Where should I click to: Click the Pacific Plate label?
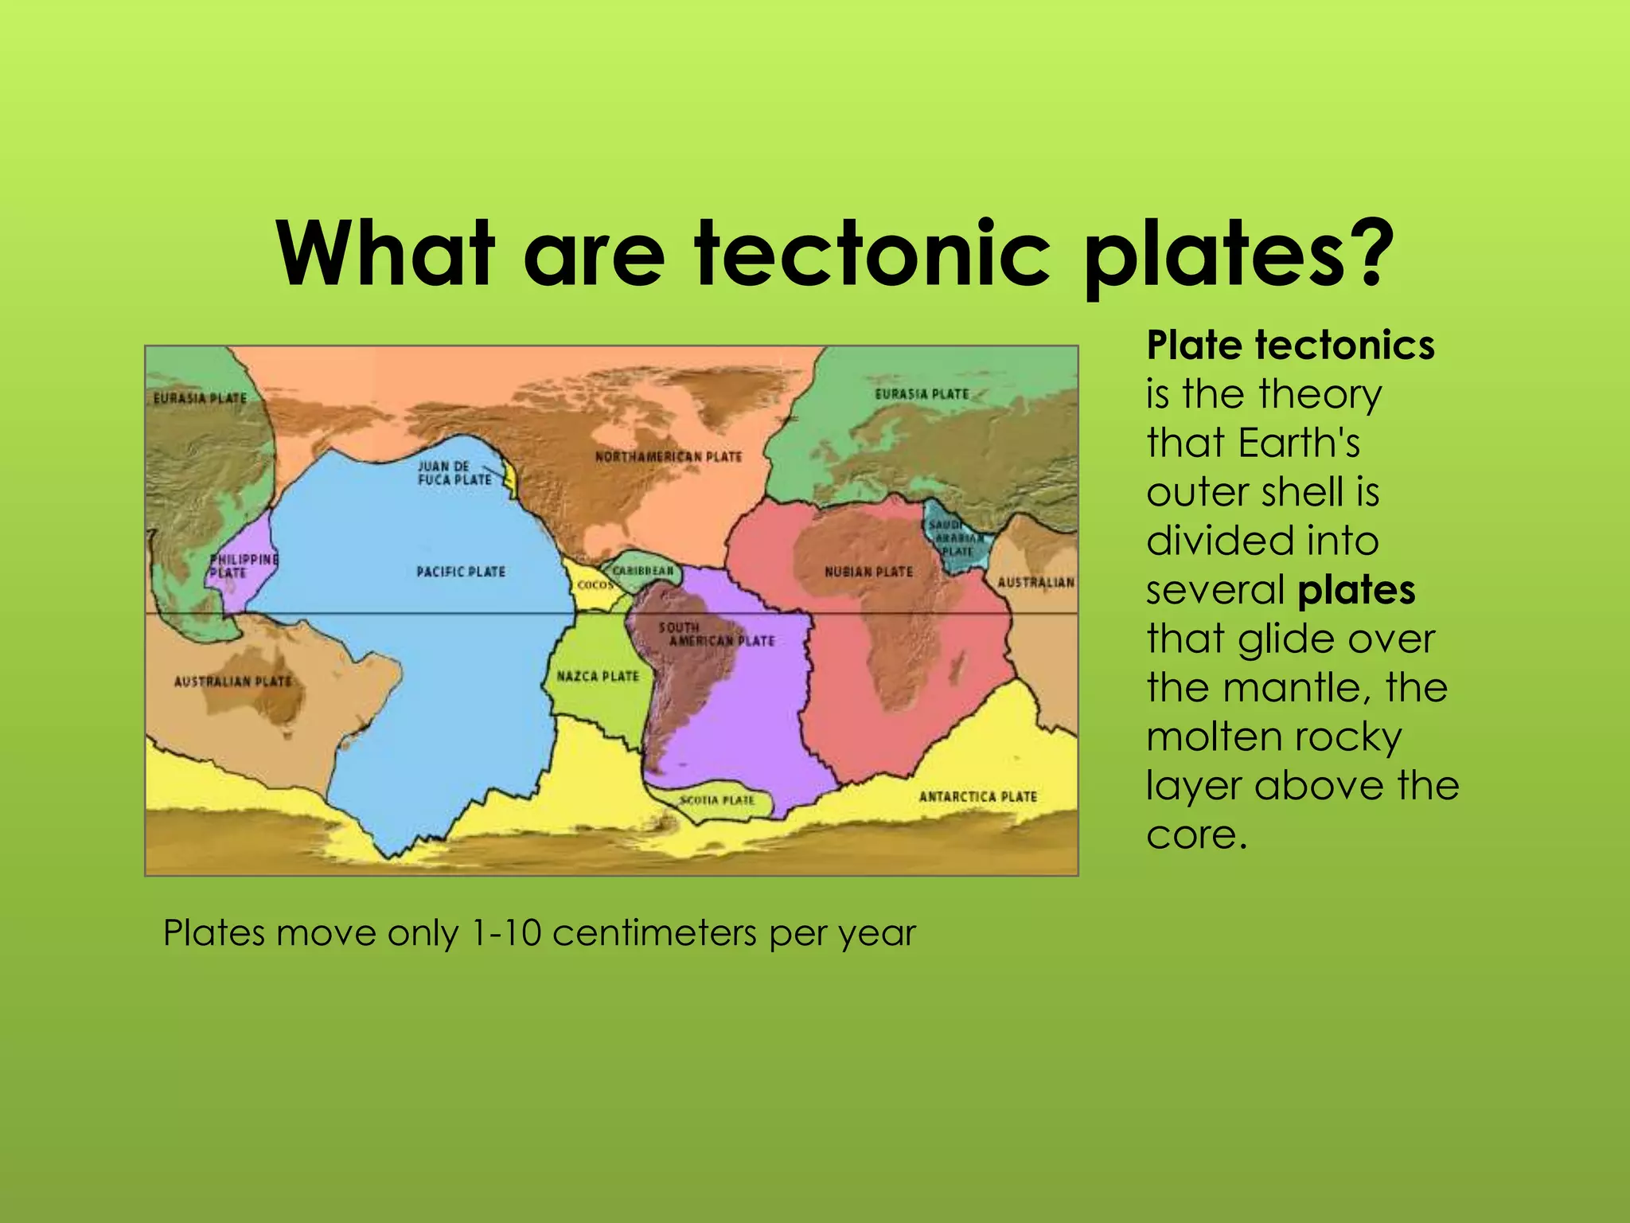coord(461,572)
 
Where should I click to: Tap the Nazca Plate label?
coord(598,676)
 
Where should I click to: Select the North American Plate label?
coord(669,457)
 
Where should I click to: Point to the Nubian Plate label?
coord(868,572)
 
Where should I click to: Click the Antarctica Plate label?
coord(977,796)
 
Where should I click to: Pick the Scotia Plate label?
coord(716,799)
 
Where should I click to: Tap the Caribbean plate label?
coord(643,571)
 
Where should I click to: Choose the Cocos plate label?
coord(595,585)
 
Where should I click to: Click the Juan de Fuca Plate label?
coord(454,473)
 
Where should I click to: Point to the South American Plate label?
coord(716,635)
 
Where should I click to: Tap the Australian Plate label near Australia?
coord(232,682)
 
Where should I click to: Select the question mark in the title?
coord(1366,253)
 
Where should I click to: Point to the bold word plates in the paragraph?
coord(1356,590)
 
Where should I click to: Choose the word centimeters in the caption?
coord(654,933)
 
